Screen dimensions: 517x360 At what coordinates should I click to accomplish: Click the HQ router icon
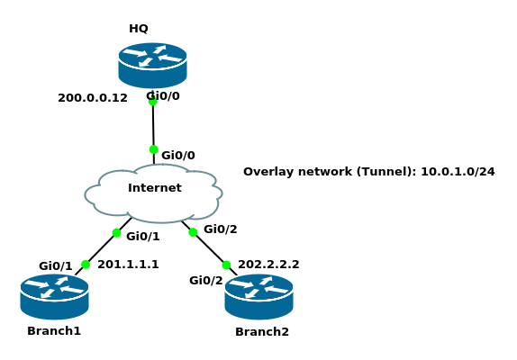point(152,65)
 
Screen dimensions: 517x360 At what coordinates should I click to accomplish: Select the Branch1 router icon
point(54,297)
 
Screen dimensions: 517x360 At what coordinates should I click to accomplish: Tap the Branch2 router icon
point(258,297)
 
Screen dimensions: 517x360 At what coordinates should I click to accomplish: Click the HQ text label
point(139,29)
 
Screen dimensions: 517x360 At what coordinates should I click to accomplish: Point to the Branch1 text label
point(54,330)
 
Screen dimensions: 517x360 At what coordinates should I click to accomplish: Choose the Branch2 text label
point(262,332)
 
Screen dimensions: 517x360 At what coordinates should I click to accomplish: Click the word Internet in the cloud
point(155,188)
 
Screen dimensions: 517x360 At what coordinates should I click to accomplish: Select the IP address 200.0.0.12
point(93,98)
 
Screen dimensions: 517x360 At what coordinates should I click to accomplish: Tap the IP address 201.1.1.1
point(128,265)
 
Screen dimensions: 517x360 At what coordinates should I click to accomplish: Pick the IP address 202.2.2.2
point(268,265)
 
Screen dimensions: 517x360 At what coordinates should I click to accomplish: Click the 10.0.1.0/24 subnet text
point(458,172)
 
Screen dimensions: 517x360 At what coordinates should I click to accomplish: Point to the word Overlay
point(265,172)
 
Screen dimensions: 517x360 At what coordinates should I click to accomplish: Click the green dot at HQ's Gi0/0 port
point(152,101)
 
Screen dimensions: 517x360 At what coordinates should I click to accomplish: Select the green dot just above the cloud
point(154,149)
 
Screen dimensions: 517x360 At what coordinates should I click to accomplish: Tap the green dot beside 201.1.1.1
point(86,265)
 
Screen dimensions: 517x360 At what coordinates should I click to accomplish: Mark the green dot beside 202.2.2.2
point(226,265)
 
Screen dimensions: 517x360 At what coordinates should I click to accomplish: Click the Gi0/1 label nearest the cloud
point(143,236)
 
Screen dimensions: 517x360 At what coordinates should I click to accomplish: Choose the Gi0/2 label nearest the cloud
point(221,229)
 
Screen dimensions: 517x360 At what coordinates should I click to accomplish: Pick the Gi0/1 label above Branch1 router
point(56,265)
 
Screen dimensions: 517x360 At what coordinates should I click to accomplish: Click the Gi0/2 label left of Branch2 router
point(206,281)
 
